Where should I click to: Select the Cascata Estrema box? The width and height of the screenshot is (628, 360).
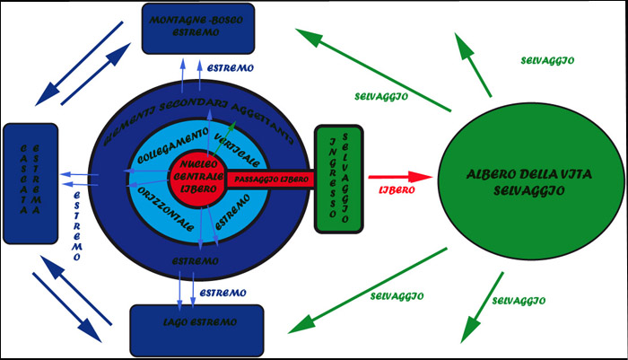point(31,183)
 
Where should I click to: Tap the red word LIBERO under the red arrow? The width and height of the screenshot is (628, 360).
point(396,192)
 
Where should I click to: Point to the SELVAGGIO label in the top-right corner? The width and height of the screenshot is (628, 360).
point(547,60)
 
